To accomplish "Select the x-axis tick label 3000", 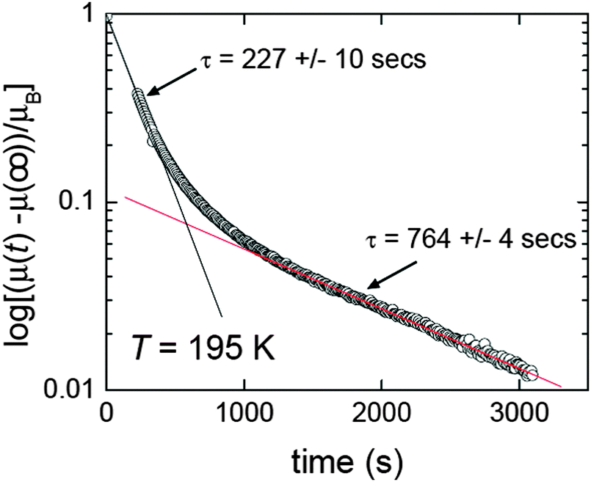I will click(x=519, y=412).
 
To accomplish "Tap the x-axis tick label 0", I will click(x=108, y=412).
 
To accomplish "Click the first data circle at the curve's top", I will click(x=137, y=94).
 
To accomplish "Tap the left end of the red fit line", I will click(x=126, y=197).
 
